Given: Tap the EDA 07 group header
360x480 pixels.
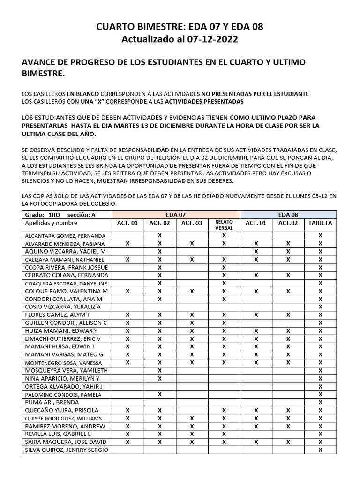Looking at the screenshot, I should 175,214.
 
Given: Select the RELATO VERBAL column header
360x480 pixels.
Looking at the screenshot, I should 224,225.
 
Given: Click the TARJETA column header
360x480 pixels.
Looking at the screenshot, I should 320,223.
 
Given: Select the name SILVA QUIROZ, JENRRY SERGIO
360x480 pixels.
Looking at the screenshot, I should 66,450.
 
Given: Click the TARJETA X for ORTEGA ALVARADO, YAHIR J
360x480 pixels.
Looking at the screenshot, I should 320,386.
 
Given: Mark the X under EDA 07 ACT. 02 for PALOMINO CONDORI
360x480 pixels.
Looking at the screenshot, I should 160,394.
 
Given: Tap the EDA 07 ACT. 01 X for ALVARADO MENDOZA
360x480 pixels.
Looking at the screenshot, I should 128,243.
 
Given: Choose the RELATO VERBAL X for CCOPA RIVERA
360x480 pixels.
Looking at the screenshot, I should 224,267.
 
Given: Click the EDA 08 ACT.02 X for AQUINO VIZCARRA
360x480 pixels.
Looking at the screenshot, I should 288,251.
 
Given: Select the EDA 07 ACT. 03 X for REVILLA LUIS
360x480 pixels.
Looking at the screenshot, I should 192,434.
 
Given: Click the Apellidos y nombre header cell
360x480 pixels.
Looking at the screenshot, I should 52,223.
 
